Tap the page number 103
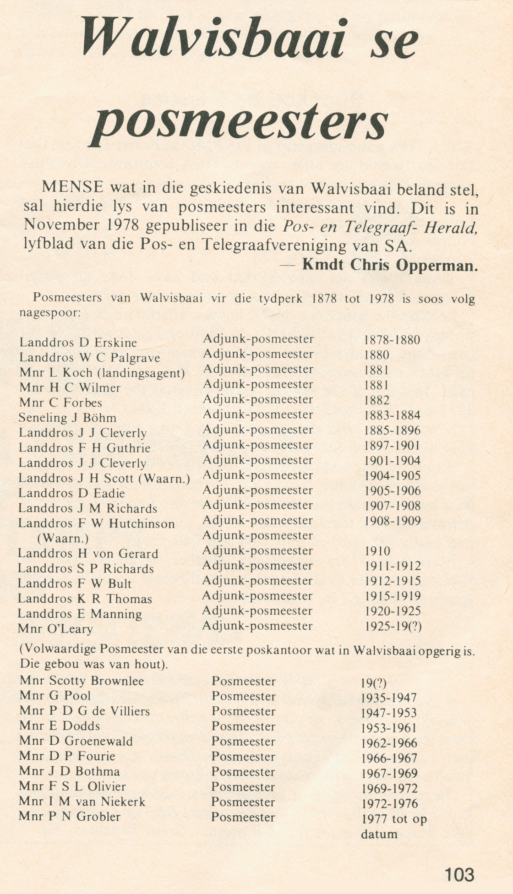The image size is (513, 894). [459, 874]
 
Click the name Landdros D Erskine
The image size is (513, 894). [78, 343]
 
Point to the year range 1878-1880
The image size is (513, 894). [392, 340]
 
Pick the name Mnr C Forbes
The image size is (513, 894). [60, 403]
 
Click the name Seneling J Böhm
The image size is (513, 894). [67, 418]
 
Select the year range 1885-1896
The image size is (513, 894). [393, 431]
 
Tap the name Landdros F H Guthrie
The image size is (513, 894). [84, 448]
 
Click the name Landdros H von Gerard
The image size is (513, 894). [88, 554]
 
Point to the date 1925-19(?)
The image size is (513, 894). [393, 626]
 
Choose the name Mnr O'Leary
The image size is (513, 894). [55, 629]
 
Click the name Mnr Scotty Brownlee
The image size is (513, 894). [82, 681]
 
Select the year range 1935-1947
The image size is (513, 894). [389, 698]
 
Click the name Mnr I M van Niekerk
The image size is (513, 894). [82, 801]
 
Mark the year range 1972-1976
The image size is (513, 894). [389, 804]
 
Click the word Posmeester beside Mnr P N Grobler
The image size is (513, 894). [243, 817]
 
